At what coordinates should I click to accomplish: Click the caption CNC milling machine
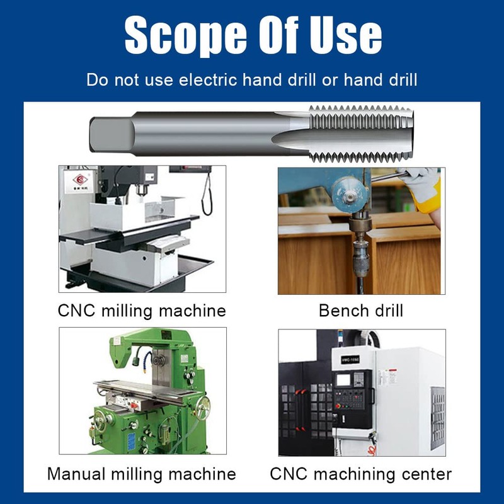click(x=142, y=311)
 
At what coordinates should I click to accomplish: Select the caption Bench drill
click(x=361, y=311)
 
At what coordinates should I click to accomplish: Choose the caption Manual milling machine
click(x=142, y=474)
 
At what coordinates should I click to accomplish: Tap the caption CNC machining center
click(x=361, y=474)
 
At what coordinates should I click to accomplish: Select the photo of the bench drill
click(x=361, y=231)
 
